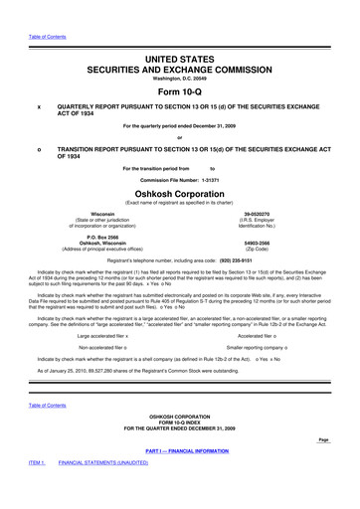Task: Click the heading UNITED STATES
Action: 180,33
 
